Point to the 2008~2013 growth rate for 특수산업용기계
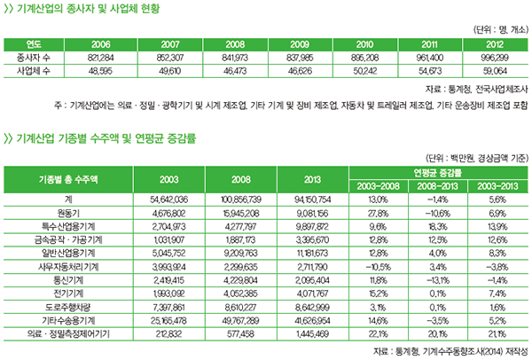point(434,227)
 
